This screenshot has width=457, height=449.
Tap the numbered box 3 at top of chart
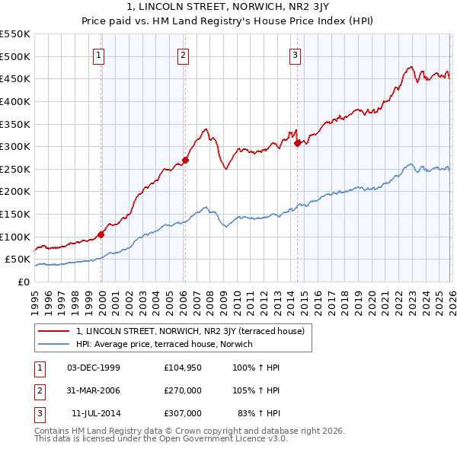click(296, 54)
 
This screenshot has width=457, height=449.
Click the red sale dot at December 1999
click(101, 234)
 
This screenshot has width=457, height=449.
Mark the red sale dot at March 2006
click(185, 161)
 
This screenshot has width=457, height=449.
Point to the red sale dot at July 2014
click(296, 143)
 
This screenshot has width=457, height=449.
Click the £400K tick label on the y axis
click(15, 101)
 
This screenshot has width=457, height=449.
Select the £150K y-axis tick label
click(15, 214)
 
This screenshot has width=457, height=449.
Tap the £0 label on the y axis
click(23, 282)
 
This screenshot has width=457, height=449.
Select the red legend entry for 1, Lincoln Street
click(190, 331)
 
